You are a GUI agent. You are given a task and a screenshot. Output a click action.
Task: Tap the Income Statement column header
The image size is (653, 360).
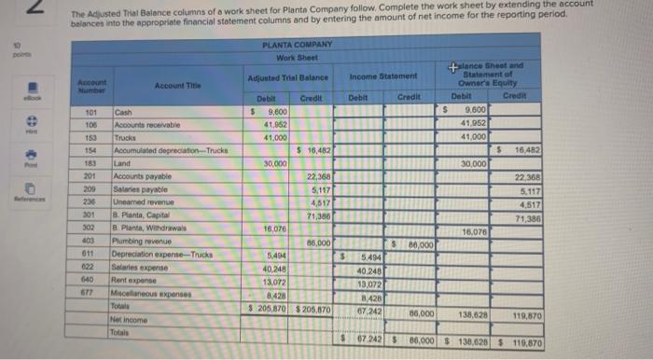pyautogui.click(x=382, y=76)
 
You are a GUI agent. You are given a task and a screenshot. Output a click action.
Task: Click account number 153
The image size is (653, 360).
pyautogui.click(x=90, y=137)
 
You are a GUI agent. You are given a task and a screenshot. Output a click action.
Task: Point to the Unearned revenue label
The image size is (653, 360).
pyautogui.click(x=143, y=201)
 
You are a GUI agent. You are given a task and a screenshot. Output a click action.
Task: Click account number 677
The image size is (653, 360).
pyautogui.click(x=90, y=289)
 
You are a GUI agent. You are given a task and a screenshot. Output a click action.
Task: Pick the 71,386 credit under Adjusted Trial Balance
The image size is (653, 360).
pyautogui.click(x=317, y=214)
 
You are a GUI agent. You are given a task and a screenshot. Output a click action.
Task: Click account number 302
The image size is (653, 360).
pyautogui.click(x=90, y=226)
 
